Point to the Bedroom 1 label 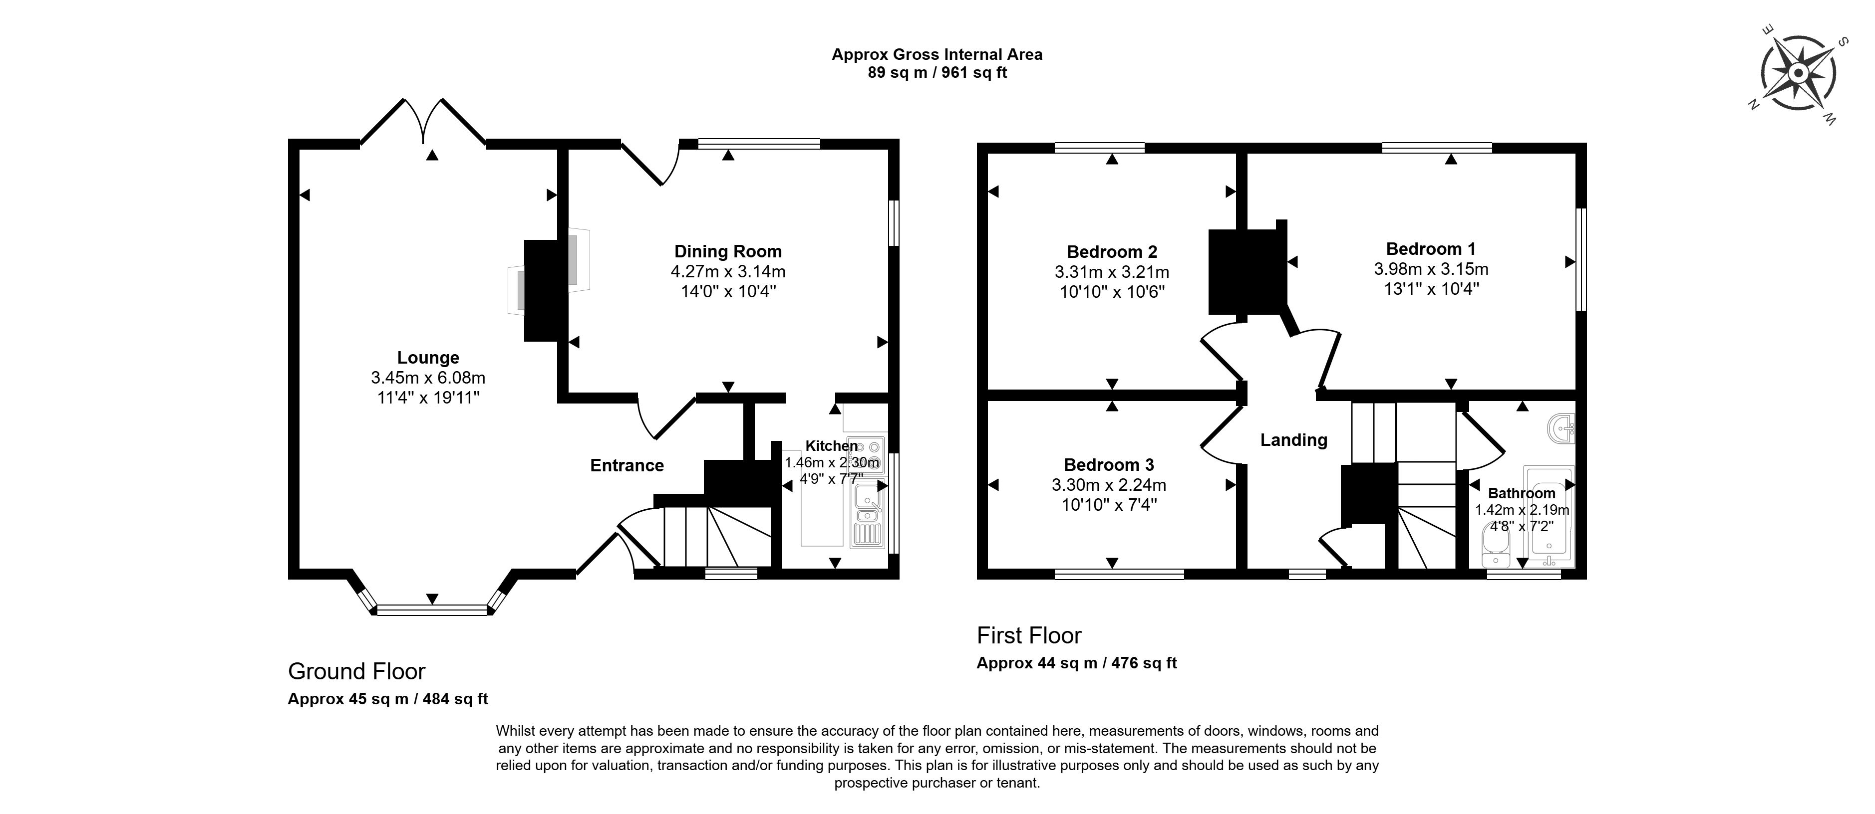click(1431, 249)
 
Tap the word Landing click(1294, 440)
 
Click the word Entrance click(626, 465)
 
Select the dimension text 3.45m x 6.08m click(428, 378)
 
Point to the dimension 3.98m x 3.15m click(1431, 269)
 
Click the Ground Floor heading click(356, 671)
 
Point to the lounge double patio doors click(424, 122)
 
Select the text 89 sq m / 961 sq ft click(937, 73)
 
